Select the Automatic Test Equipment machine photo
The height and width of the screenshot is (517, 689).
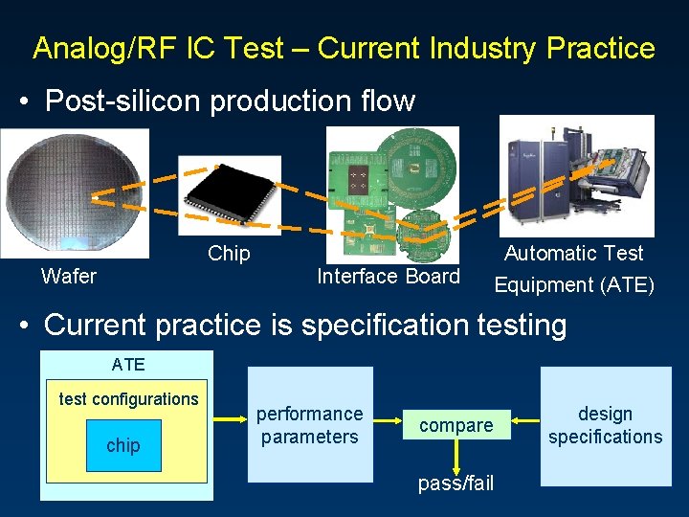576,176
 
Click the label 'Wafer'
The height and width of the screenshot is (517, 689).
68,277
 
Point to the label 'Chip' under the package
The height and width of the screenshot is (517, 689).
229,254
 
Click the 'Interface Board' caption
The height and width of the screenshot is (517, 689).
388,277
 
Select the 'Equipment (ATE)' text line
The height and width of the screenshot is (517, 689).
573,284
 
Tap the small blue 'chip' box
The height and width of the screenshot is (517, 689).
123,445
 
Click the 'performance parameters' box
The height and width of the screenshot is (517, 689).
310,425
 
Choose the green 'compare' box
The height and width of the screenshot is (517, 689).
456,425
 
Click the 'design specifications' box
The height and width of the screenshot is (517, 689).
605,425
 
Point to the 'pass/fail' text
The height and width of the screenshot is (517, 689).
456,483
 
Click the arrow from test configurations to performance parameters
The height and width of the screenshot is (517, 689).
229,418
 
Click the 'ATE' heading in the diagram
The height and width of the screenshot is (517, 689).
128,364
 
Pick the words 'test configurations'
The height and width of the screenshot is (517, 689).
128,399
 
